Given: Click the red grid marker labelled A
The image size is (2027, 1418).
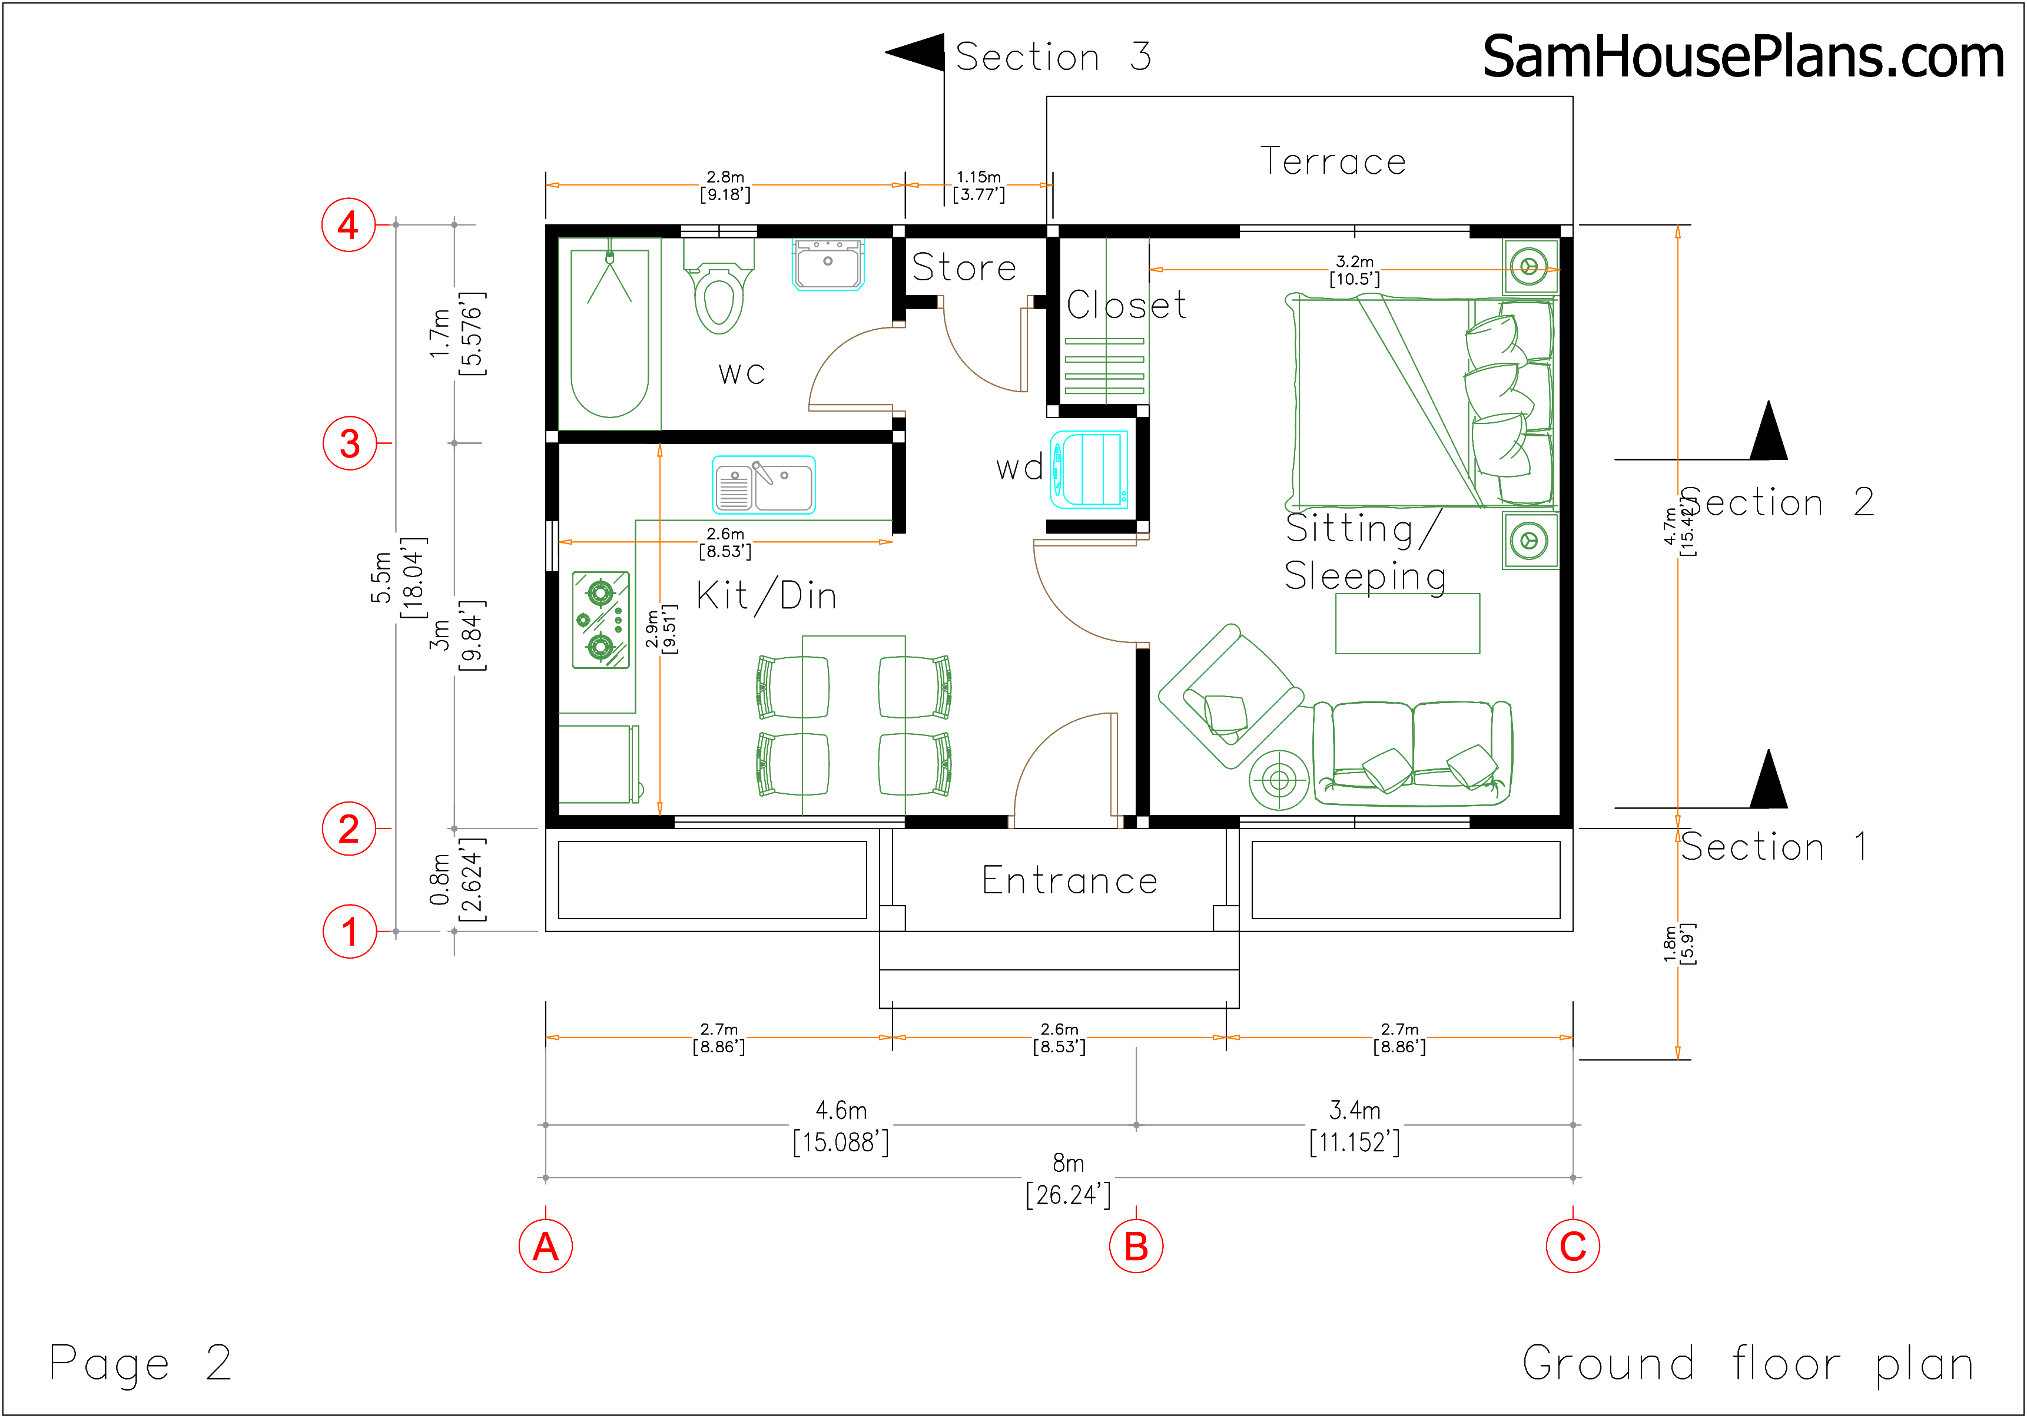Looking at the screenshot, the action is (546, 1246).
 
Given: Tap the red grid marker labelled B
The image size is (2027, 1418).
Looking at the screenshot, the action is (1136, 1246).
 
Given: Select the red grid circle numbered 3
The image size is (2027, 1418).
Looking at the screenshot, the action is (350, 443).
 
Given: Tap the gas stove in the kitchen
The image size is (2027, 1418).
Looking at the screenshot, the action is (601, 620).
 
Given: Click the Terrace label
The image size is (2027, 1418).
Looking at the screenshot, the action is (1333, 161).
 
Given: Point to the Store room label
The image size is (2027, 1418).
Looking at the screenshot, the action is (964, 267).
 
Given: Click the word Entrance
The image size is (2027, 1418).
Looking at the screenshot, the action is (1070, 880).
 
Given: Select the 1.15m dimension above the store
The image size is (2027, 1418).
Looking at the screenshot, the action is (979, 185).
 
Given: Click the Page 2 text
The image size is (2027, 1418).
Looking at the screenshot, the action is (140, 1363).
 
